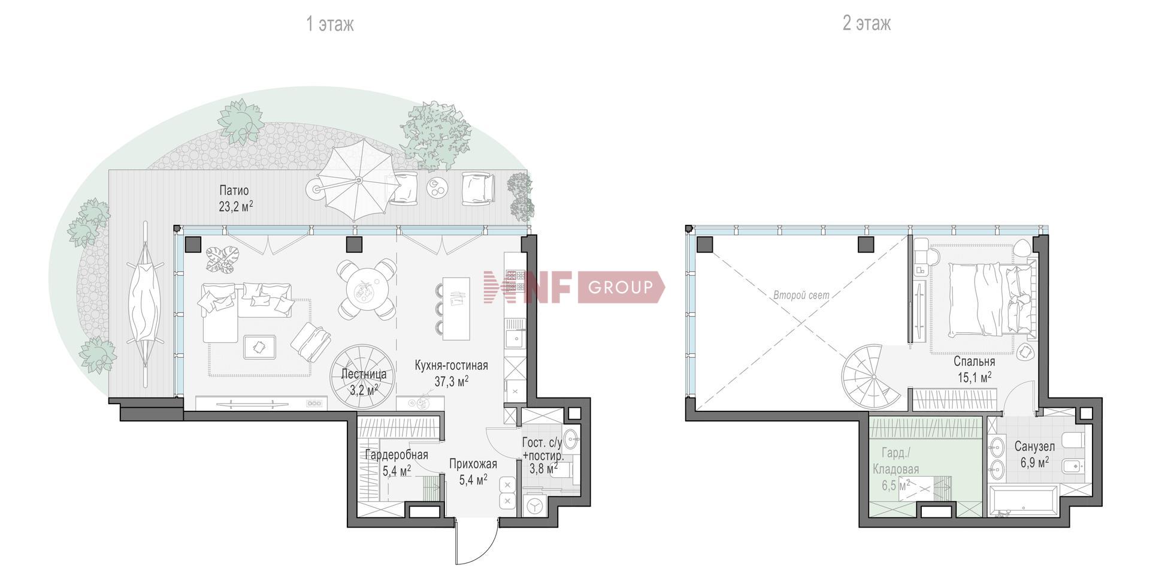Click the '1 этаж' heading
pos(330,24)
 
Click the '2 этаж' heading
pos(867,23)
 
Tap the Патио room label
pos(234,191)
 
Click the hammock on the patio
pos(144,305)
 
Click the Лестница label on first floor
pos(364,374)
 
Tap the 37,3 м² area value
pos(451,381)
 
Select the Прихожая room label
pos(473,464)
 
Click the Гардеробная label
pos(397,455)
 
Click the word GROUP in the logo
pos(620,287)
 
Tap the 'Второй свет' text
pos(801,295)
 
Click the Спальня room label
pos(974,362)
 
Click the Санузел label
pos(1034,447)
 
